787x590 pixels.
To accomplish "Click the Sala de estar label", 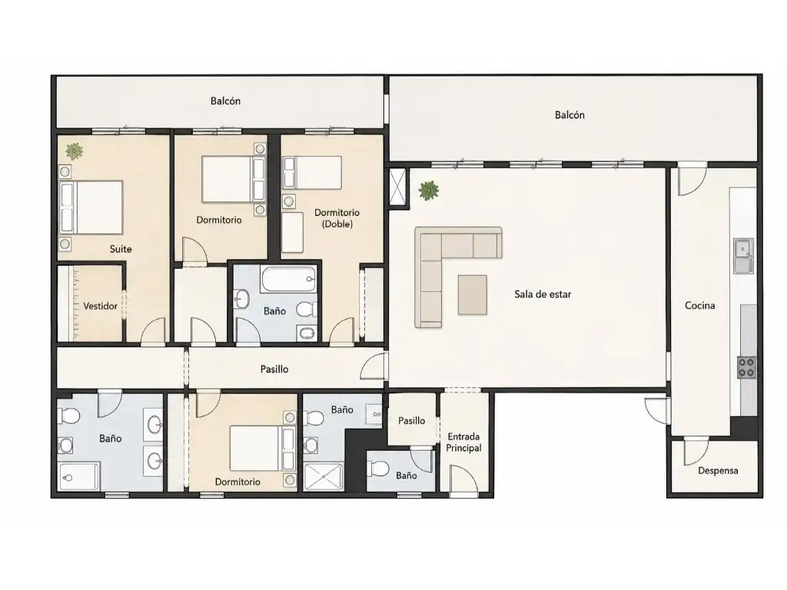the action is (543, 294).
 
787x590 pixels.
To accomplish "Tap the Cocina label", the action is (699, 305).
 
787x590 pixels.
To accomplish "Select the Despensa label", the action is (718, 471).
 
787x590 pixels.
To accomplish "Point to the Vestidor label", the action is (100, 306).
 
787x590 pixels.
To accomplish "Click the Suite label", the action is (121, 249).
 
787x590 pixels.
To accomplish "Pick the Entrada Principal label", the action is (463, 442).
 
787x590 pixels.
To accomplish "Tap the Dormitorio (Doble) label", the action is (337, 218).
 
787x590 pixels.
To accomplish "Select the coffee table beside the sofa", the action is (473, 295).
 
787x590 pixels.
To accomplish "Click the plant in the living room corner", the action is (429, 191).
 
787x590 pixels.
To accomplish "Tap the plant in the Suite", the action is (75, 151).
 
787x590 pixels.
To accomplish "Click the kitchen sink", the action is (743, 256).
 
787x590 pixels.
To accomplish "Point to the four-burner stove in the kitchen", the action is (746, 366).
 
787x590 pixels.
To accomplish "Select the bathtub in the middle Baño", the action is (289, 280).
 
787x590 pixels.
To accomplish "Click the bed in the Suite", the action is (91, 207).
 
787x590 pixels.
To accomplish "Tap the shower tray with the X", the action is (324, 476).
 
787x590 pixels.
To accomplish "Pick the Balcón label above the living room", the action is (569, 115).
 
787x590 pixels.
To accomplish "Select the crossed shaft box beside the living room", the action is (399, 187).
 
